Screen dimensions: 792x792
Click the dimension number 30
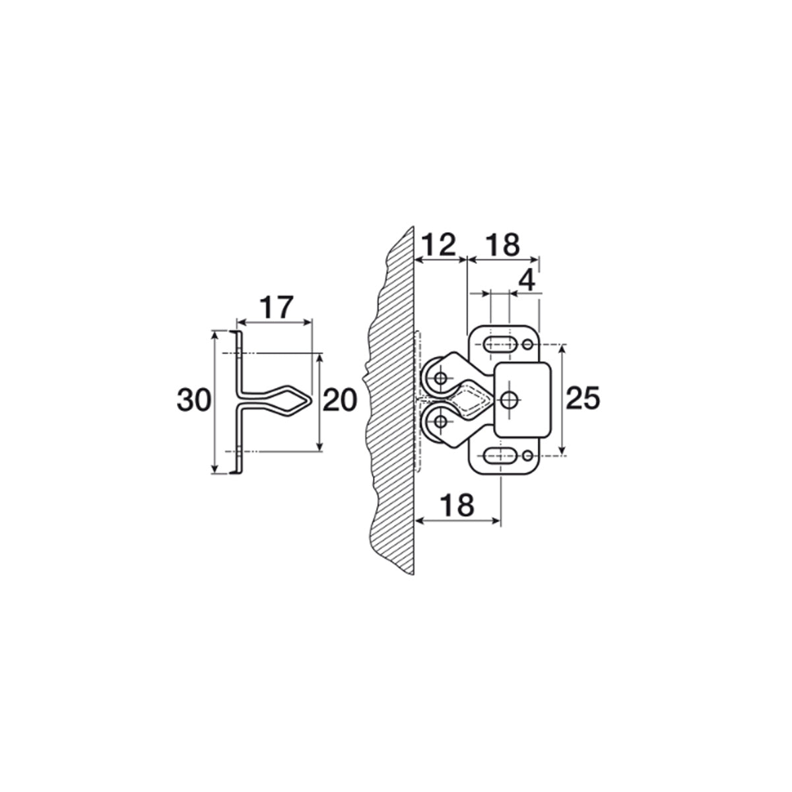(194, 401)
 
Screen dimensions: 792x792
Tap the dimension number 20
(339, 401)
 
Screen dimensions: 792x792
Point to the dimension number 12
(439, 245)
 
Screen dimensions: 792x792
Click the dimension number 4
(527, 281)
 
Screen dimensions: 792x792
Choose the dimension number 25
(583, 398)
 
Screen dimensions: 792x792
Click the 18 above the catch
(503, 245)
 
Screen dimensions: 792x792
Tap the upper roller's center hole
(442, 378)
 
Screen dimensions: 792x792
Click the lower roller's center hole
(442, 421)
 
